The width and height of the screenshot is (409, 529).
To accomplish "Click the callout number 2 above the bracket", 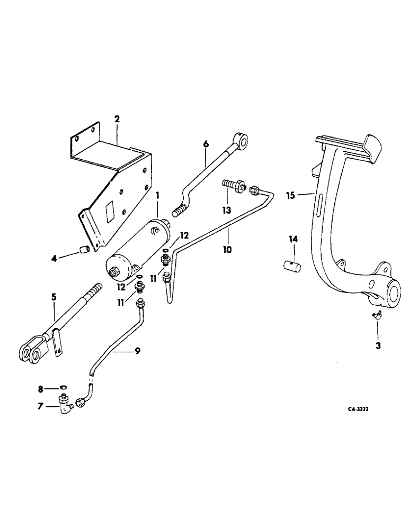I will coord(117,119).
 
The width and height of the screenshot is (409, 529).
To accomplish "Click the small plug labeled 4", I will coord(83,249).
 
